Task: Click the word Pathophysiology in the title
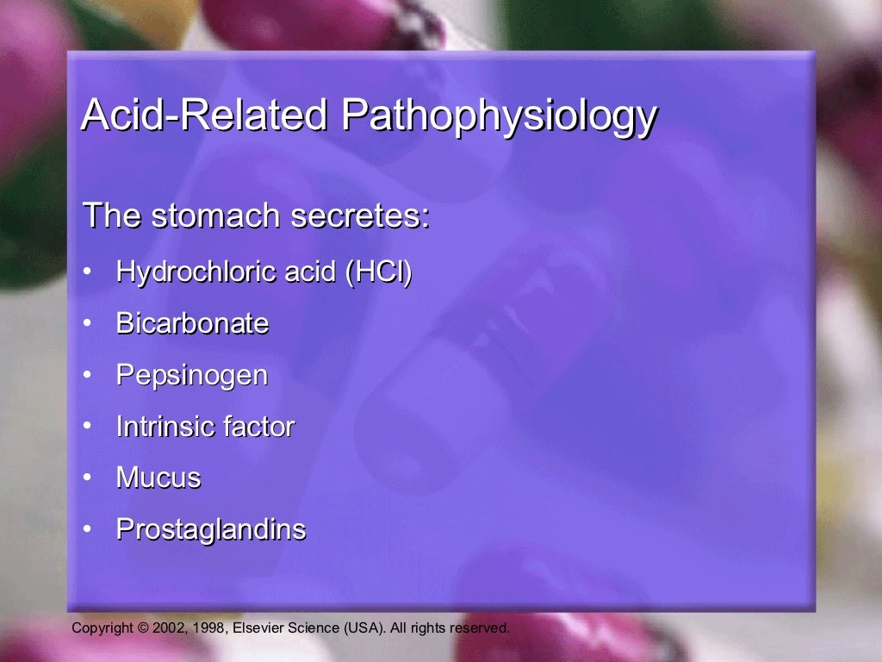[x=500, y=116]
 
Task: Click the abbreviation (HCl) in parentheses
[x=378, y=272]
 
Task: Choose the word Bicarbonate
[x=192, y=324]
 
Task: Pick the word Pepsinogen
[x=192, y=376]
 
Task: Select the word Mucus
[x=158, y=478]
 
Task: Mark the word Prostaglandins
[x=211, y=529]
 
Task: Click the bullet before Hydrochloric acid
[x=87, y=272]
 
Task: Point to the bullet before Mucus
[x=87, y=478]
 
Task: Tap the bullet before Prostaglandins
[x=87, y=529]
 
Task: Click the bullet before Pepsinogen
[x=87, y=376]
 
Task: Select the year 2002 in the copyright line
[x=167, y=628]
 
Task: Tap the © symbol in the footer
[x=142, y=628]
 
